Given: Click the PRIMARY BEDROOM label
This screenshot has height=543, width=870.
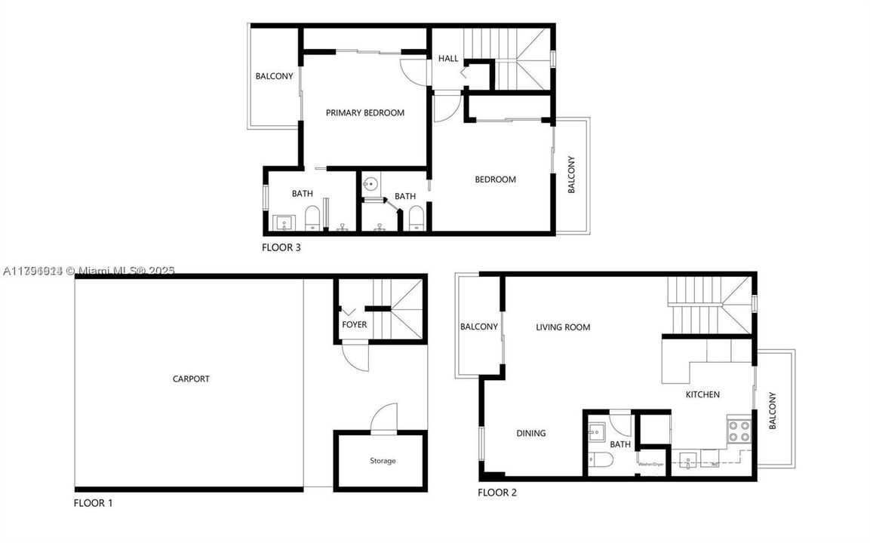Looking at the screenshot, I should click(x=364, y=113).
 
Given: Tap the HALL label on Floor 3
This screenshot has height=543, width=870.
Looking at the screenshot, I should click(x=448, y=59).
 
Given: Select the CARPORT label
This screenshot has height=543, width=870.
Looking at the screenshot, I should click(x=191, y=379).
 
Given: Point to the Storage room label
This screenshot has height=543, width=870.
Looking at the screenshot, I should click(x=383, y=461).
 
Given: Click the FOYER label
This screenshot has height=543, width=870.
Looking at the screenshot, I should click(x=354, y=325).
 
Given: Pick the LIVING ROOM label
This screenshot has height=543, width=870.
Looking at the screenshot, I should click(x=563, y=327).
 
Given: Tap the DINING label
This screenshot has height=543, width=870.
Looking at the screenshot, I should click(x=530, y=434).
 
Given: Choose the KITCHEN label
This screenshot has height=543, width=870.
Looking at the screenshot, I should click(x=702, y=394).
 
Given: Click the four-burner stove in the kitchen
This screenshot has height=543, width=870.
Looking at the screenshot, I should click(x=739, y=431).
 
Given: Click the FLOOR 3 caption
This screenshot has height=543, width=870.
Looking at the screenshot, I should click(x=281, y=247).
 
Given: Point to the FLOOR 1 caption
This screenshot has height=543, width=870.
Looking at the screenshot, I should click(x=93, y=503).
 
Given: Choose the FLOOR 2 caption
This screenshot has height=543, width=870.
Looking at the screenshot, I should click(x=496, y=493).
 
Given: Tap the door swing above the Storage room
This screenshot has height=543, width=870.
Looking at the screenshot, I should click(x=384, y=417).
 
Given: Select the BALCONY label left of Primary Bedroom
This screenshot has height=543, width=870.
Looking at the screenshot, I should click(x=274, y=76).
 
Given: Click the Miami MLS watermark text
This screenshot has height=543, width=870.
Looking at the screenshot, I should click(x=88, y=271).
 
